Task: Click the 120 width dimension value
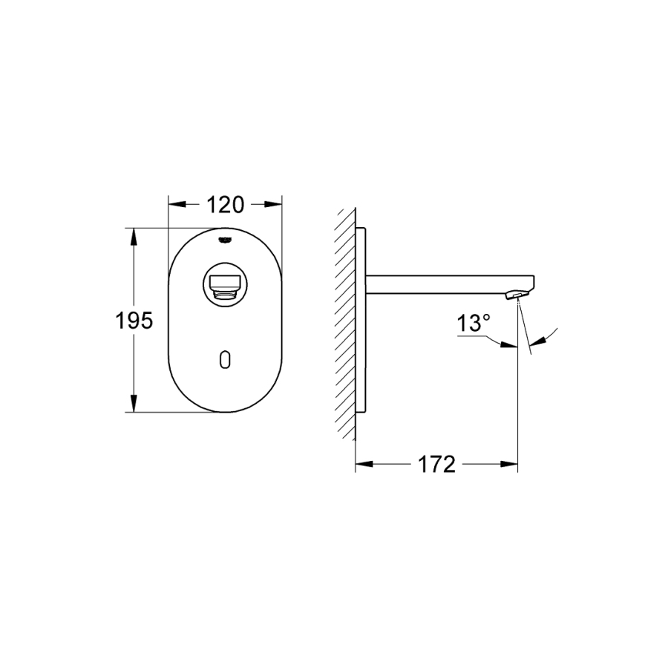[x=226, y=205]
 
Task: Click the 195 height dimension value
[x=134, y=321]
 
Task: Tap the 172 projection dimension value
[x=436, y=465]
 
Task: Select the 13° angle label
[x=474, y=323]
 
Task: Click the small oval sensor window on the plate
[x=225, y=359]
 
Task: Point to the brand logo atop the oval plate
[x=225, y=240]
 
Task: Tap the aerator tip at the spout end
[x=517, y=295]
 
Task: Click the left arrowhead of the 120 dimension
[x=177, y=205]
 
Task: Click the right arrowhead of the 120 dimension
[x=273, y=205]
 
